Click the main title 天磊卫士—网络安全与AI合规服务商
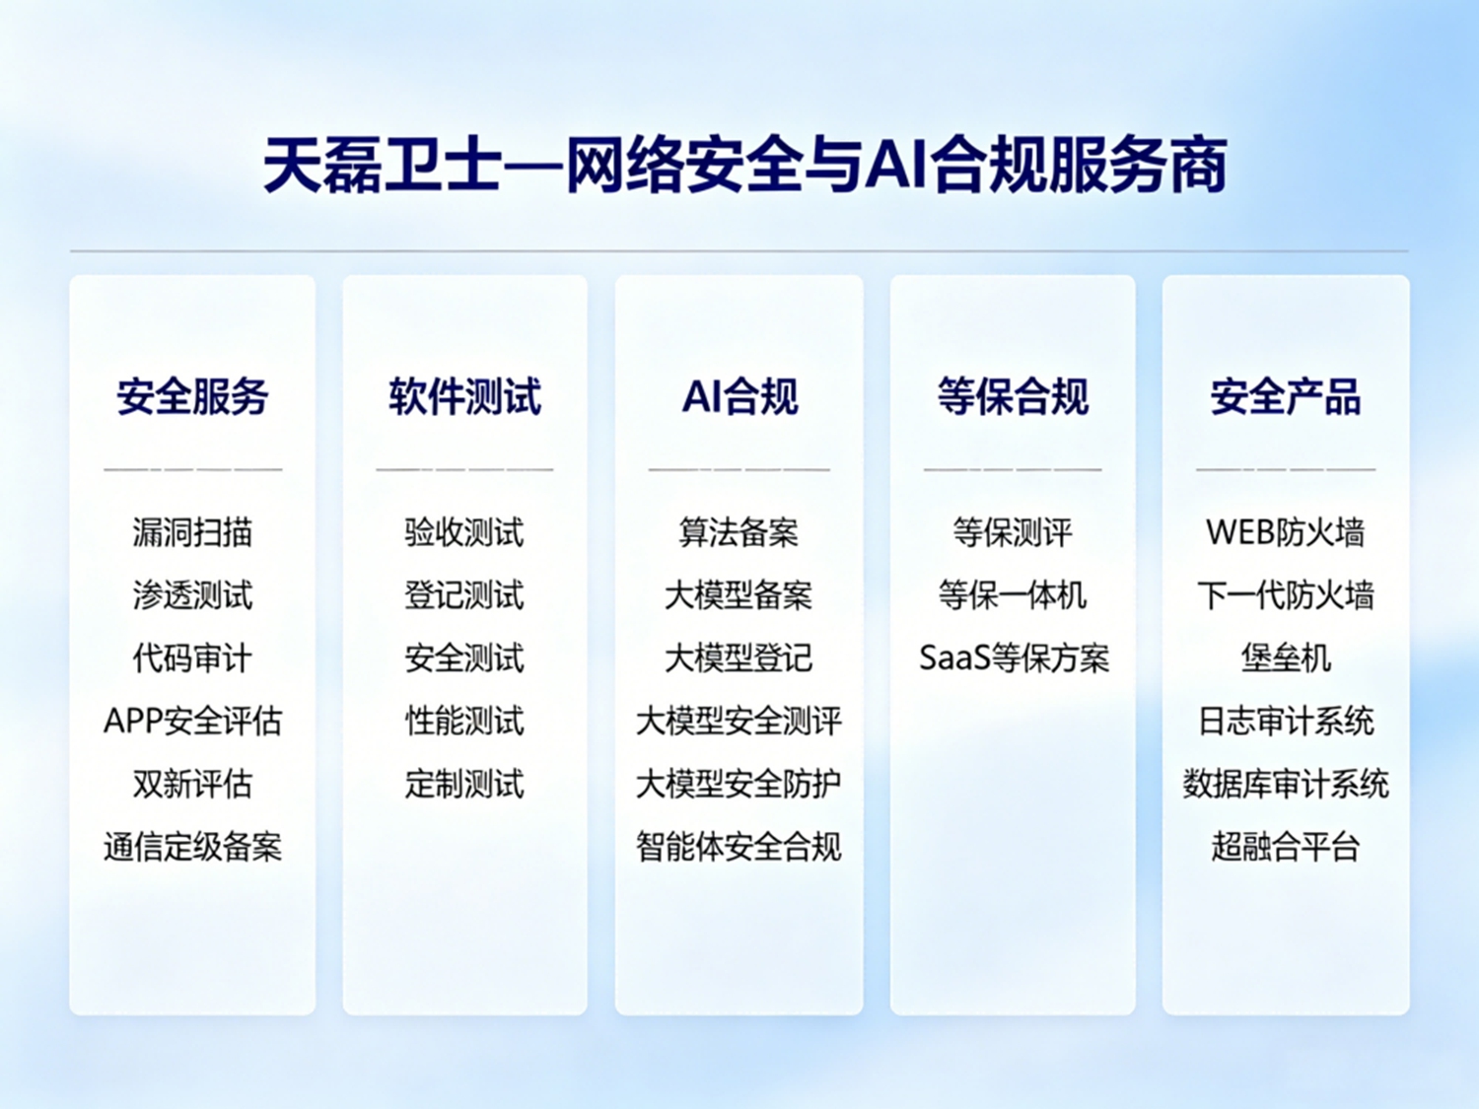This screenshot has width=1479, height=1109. [x=744, y=165]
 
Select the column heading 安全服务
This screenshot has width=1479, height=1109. [x=192, y=396]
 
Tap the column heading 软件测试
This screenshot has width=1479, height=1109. [x=464, y=396]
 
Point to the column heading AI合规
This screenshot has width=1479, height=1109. [x=739, y=396]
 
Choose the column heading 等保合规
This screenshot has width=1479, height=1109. [x=1013, y=396]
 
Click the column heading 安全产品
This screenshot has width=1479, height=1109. [x=1286, y=396]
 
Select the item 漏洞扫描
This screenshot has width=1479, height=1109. [x=192, y=532]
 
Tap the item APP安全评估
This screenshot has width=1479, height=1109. [x=192, y=721]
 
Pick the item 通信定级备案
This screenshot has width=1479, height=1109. [x=192, y=847]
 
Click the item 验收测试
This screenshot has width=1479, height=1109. [x=464, y=532]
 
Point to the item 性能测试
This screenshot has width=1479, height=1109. [x=464, y=721]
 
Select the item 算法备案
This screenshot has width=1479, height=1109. [x=739, y=532]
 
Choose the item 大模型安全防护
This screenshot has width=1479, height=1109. [x=739, y=784]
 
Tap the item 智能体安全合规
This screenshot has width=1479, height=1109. [x=739, y=847]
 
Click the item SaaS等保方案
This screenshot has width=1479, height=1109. [x=1014, y=658]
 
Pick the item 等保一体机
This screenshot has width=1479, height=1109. [x=1013, y=595]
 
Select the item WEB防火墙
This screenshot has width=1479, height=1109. [x=1286, y=532]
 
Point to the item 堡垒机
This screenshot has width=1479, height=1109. [x=1286, y=658]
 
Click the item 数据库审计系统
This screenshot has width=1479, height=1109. [x=1286, y=784]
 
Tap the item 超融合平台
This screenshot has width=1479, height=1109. [x=1286, y=847]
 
